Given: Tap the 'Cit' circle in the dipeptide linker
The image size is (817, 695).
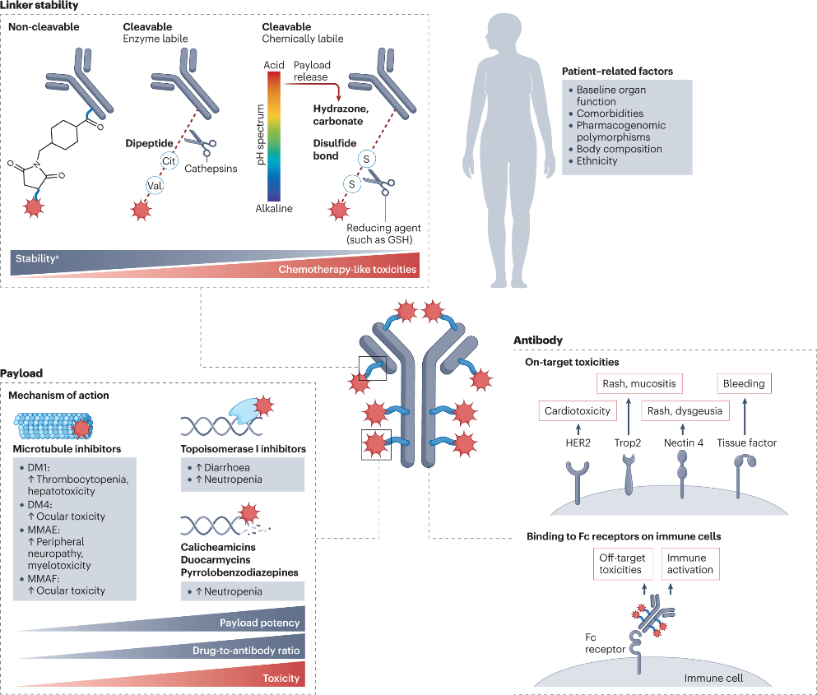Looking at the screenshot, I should point(170,162).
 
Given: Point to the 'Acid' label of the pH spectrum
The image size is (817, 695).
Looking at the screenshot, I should point(273,64).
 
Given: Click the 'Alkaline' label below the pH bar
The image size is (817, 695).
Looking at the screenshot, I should point(274,209).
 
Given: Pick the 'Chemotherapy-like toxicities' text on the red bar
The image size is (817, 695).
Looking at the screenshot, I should point(346,270).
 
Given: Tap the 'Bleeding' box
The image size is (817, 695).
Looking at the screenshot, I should point(744,383).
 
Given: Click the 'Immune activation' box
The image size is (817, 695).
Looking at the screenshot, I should point(689,563).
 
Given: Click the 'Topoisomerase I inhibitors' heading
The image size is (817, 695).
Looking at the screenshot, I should point(243,449).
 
